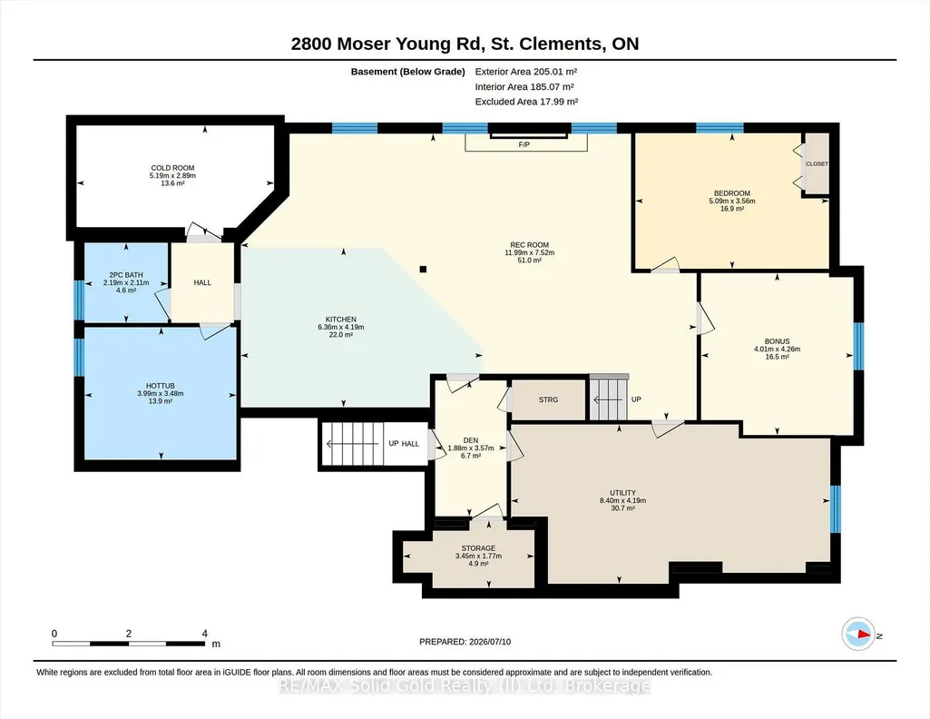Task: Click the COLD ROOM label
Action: (x=172, y=168)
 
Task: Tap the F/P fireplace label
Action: (x=524, y=144)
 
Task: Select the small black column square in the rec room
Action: (x=423, y=270)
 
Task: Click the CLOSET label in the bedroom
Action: (x=817, y=163)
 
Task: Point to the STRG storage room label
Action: (x=549, y=399)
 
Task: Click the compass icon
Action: (x=858, y=635)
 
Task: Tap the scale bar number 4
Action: (x=205, y=634)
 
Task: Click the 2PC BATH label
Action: (x=126, y=275)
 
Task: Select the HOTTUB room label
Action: (x=160, y=386)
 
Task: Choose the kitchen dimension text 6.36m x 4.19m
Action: (x=341, y=327)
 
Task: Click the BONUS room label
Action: (x=777, y=341)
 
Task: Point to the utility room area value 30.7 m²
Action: (x=622, y=508)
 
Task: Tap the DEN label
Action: (x=471, y=441)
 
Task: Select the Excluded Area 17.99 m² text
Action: (x=526, y=102)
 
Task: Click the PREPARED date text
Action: (x=465, y=642)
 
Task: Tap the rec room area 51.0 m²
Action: (x=530, y=261)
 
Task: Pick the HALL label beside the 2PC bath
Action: (x=202, y=283)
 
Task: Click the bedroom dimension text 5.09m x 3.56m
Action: (x=732, y=202)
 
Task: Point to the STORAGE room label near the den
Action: (x=479, y=548)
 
